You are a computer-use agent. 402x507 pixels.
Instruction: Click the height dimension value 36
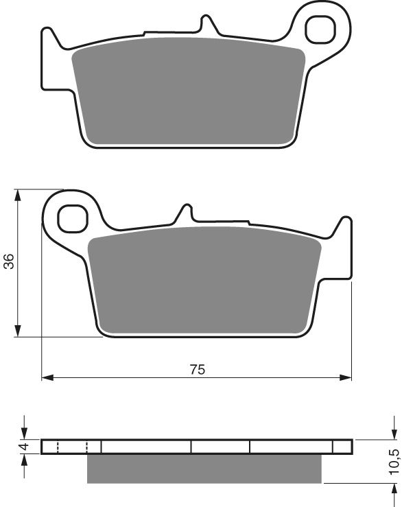8,261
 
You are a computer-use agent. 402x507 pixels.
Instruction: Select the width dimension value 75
197,369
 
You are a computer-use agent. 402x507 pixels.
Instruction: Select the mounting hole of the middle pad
72,217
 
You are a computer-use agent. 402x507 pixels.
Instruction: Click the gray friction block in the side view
204,469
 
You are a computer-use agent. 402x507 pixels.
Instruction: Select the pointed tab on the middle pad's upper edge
184,212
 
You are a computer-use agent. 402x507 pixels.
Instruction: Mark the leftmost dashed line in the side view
58,447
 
